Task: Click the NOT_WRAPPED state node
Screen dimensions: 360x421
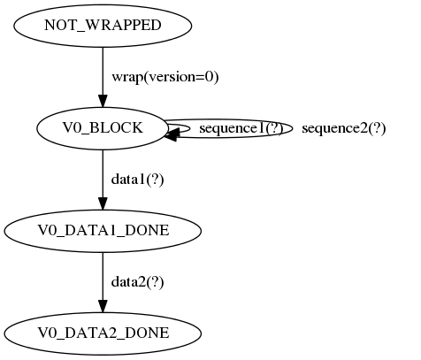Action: (x=103, y=25)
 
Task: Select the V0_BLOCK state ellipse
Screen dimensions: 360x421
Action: (x=103, y=128)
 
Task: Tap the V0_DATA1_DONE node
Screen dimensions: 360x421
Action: (x=103, y=231)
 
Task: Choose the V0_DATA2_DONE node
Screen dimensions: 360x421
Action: (x=103, y=333)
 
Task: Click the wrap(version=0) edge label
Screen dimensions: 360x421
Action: (x=165, y=77)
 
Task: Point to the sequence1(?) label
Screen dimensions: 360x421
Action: (x=241, y=128)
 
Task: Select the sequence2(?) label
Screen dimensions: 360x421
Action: (x=343, y=128)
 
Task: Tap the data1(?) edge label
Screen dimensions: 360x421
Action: (x=137, y=180)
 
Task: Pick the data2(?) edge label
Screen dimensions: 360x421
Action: (x=137, y=282)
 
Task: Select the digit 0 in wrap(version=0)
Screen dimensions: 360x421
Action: (x=209, y=77)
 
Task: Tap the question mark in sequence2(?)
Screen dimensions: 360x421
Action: (x=378, y=128)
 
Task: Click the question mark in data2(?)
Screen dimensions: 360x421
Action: (x=156, y=282)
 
